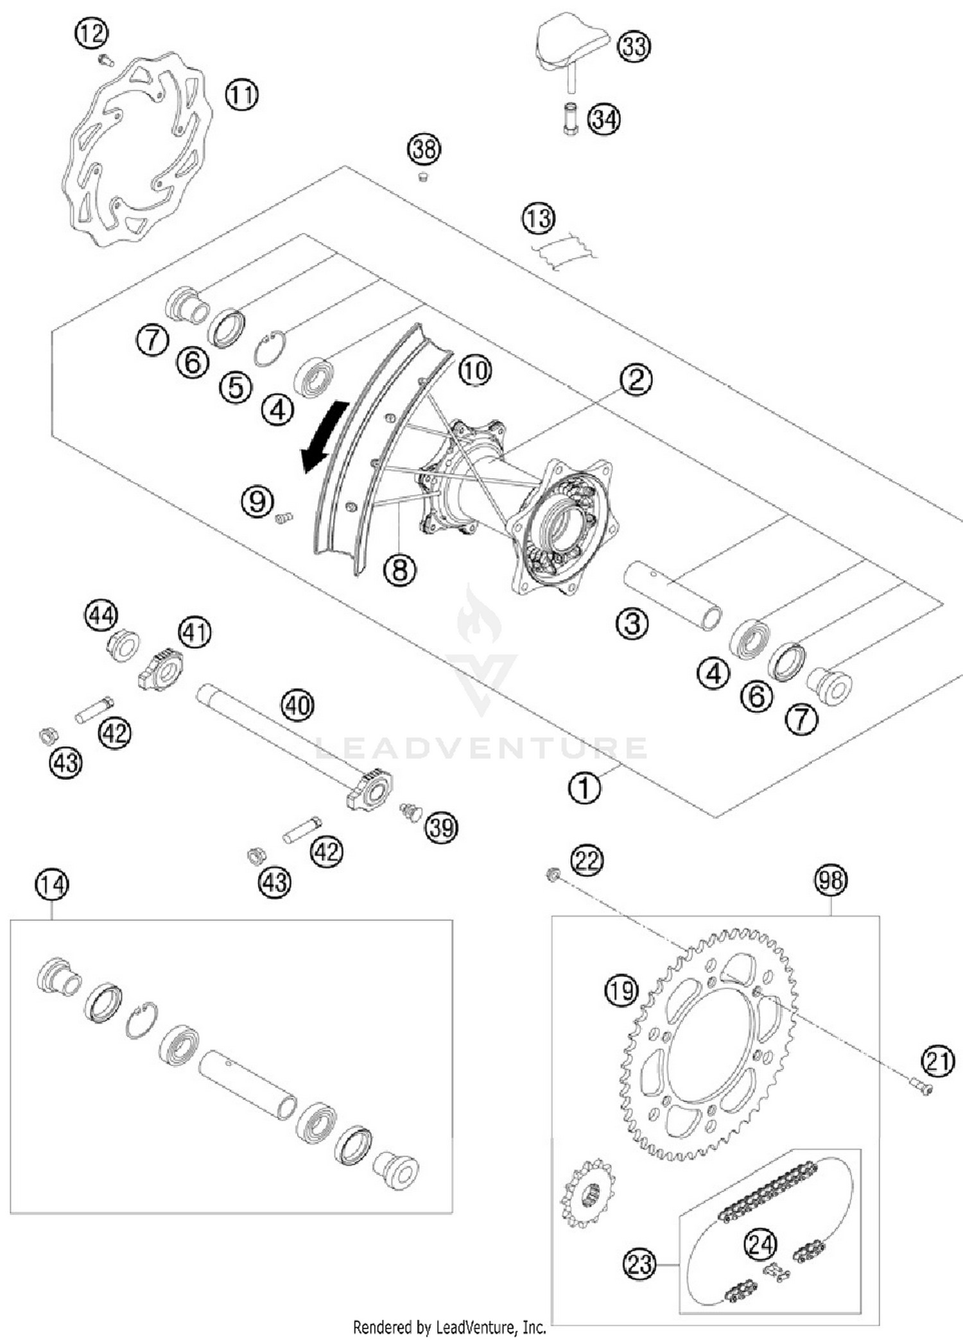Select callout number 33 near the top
pos(634,47)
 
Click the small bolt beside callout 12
pos(105,61)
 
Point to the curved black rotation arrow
pos(324,436)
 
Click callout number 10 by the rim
pos(475,371)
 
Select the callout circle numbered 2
pos(636,380)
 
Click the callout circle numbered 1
pos(585,787)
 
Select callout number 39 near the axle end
pos(441,828)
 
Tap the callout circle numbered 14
pos(51,885)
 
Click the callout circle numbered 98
pos(831,880)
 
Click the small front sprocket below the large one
pos(587,1194)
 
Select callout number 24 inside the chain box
pos(760,1244)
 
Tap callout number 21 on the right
pos(938,1061)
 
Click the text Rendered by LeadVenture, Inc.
pos(449,1327)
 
